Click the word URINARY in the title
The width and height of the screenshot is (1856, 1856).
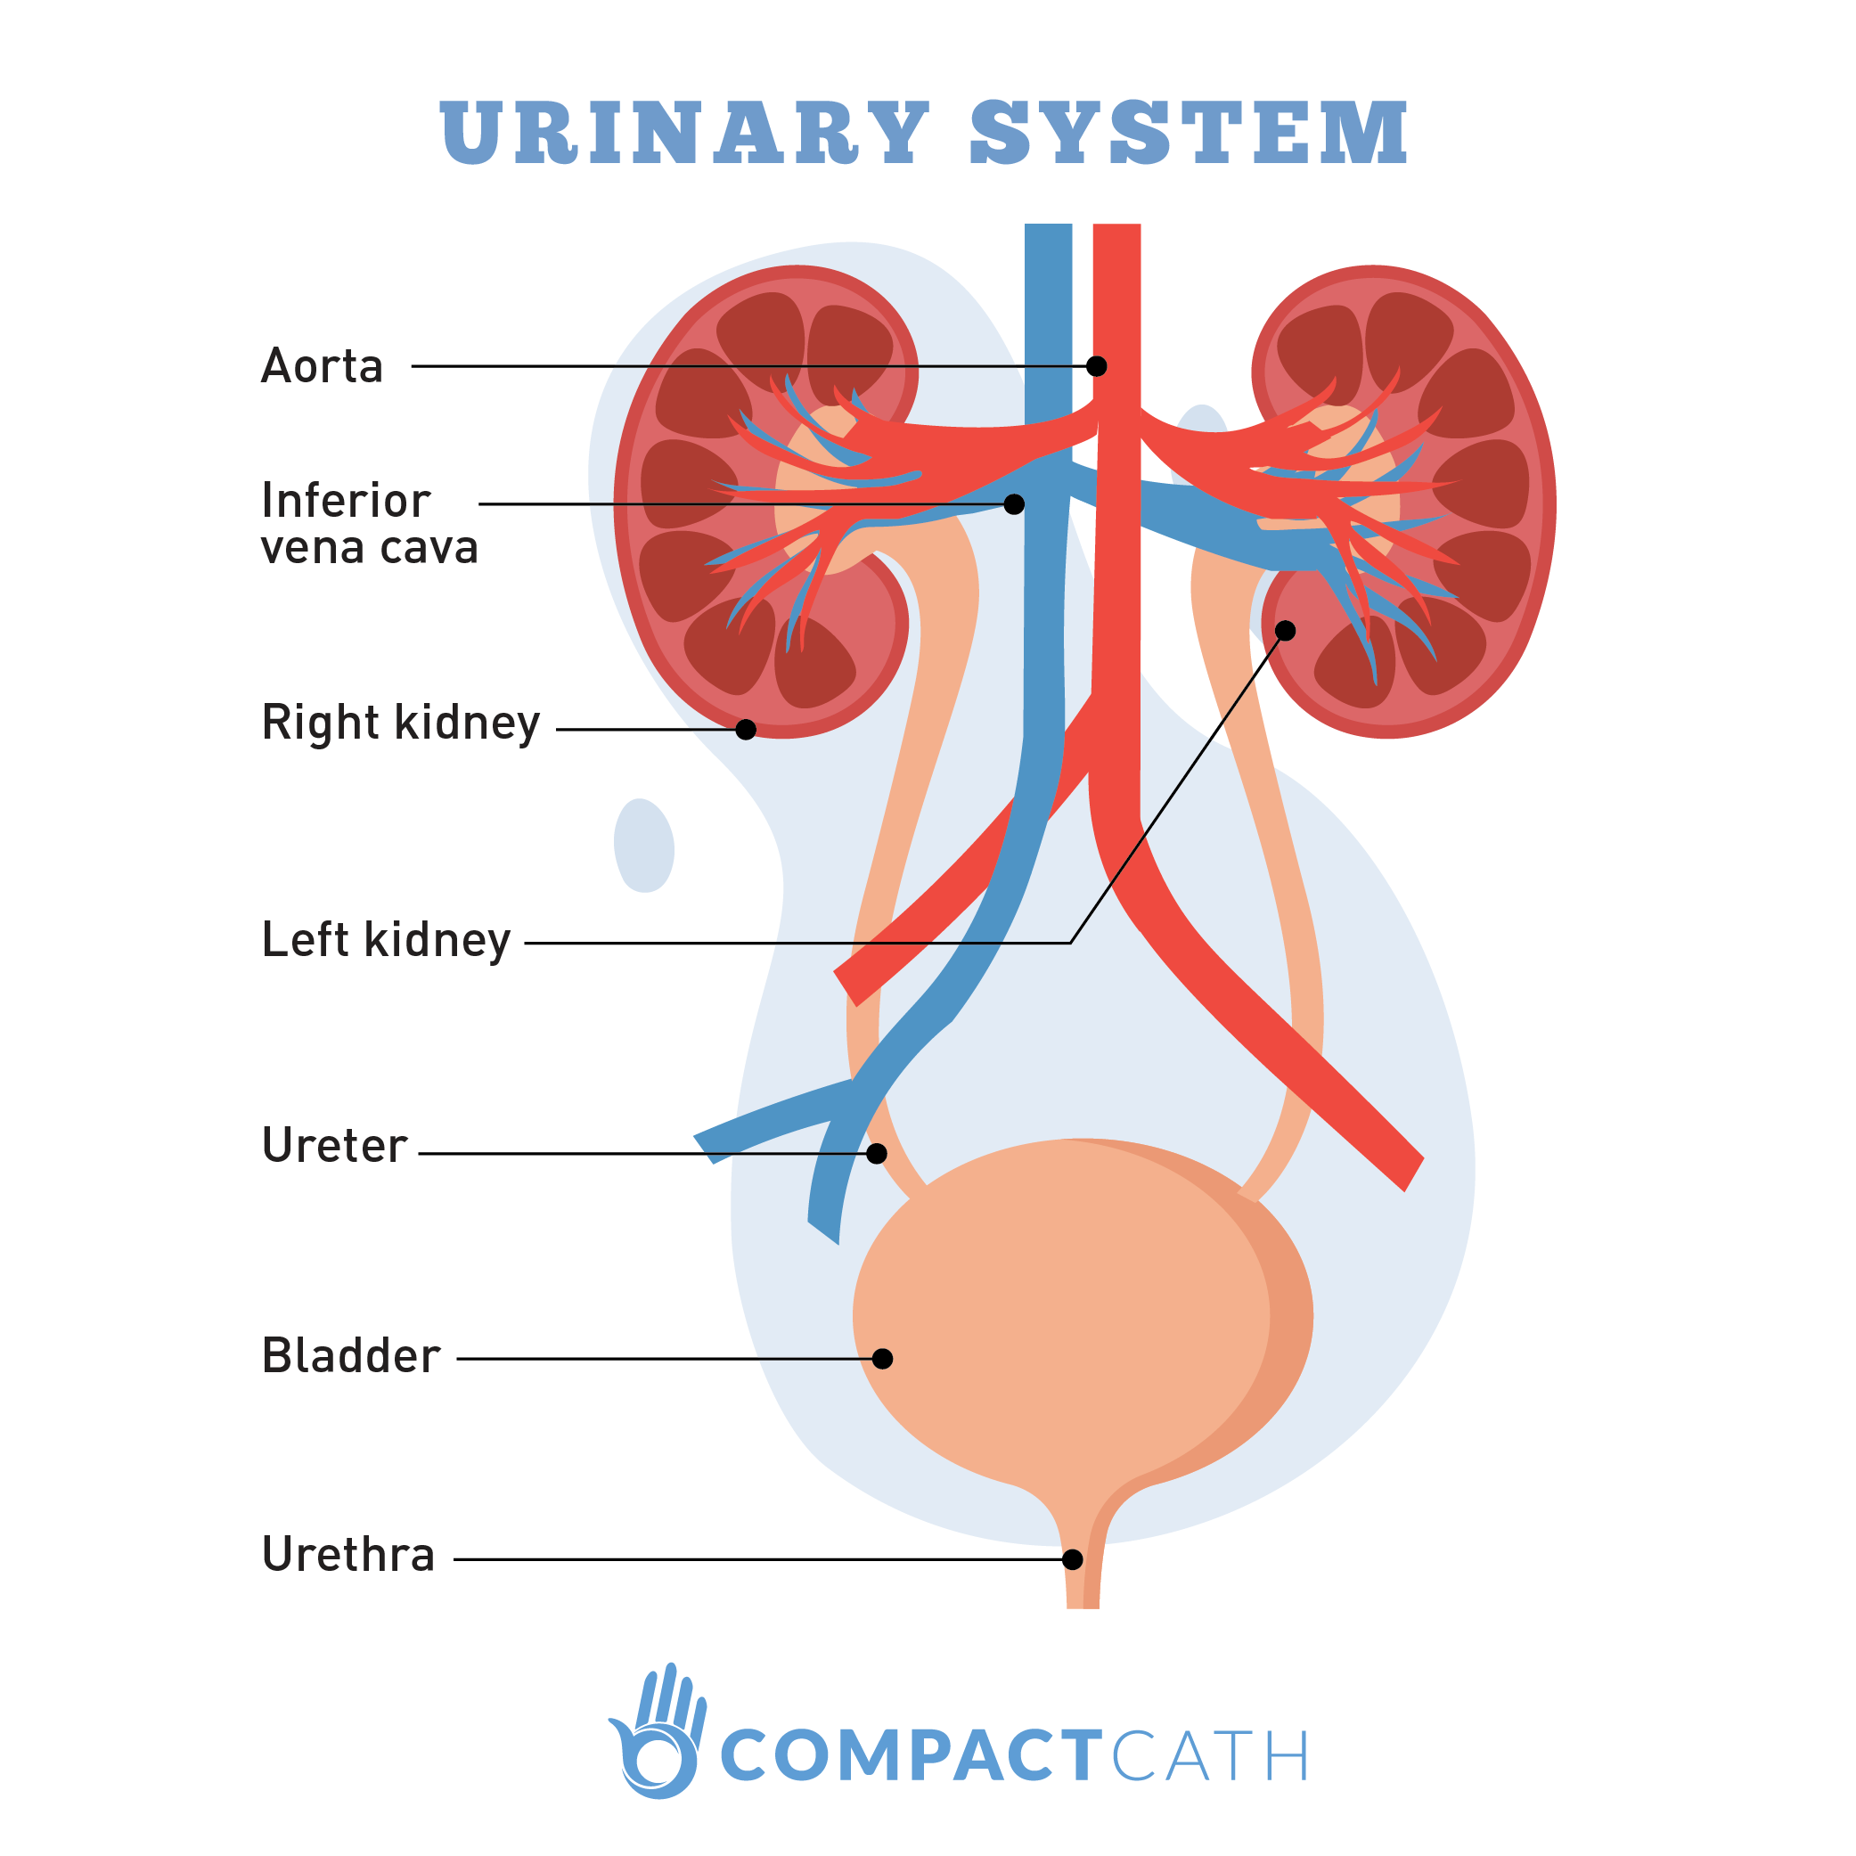pos(684,133)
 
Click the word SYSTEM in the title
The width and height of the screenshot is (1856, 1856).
pos(1189,133)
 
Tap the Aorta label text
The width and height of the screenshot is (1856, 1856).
pos(322,366)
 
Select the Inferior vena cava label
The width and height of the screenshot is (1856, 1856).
pos(370,524)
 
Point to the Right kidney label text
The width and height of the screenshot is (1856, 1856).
pos(401,724)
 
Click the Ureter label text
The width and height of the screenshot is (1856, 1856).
pos(334,1145)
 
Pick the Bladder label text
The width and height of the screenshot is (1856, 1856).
pos(351,1355)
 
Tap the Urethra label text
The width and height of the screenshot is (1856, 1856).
pos(347,1554)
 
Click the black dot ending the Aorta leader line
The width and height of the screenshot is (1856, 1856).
pos(1096,366)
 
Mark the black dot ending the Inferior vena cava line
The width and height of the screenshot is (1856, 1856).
pos(1013,504)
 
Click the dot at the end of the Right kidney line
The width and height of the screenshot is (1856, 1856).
pos(746,730)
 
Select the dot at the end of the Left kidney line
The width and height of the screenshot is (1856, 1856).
pos(1286,630)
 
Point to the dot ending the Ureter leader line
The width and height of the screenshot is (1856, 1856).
pos(876,1154)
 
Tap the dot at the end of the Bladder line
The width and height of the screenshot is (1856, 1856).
pos(882,1360)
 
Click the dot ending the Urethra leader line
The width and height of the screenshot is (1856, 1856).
pos(1072,1560)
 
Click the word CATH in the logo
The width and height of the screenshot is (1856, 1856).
pos(1209,1755)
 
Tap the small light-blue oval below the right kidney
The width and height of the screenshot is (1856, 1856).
pos(643,846)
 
